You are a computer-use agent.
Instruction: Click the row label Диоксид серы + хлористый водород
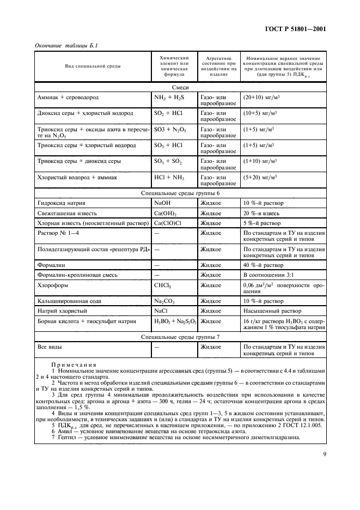pos(85,113)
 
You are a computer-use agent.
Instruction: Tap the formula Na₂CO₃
pos(167,301)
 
